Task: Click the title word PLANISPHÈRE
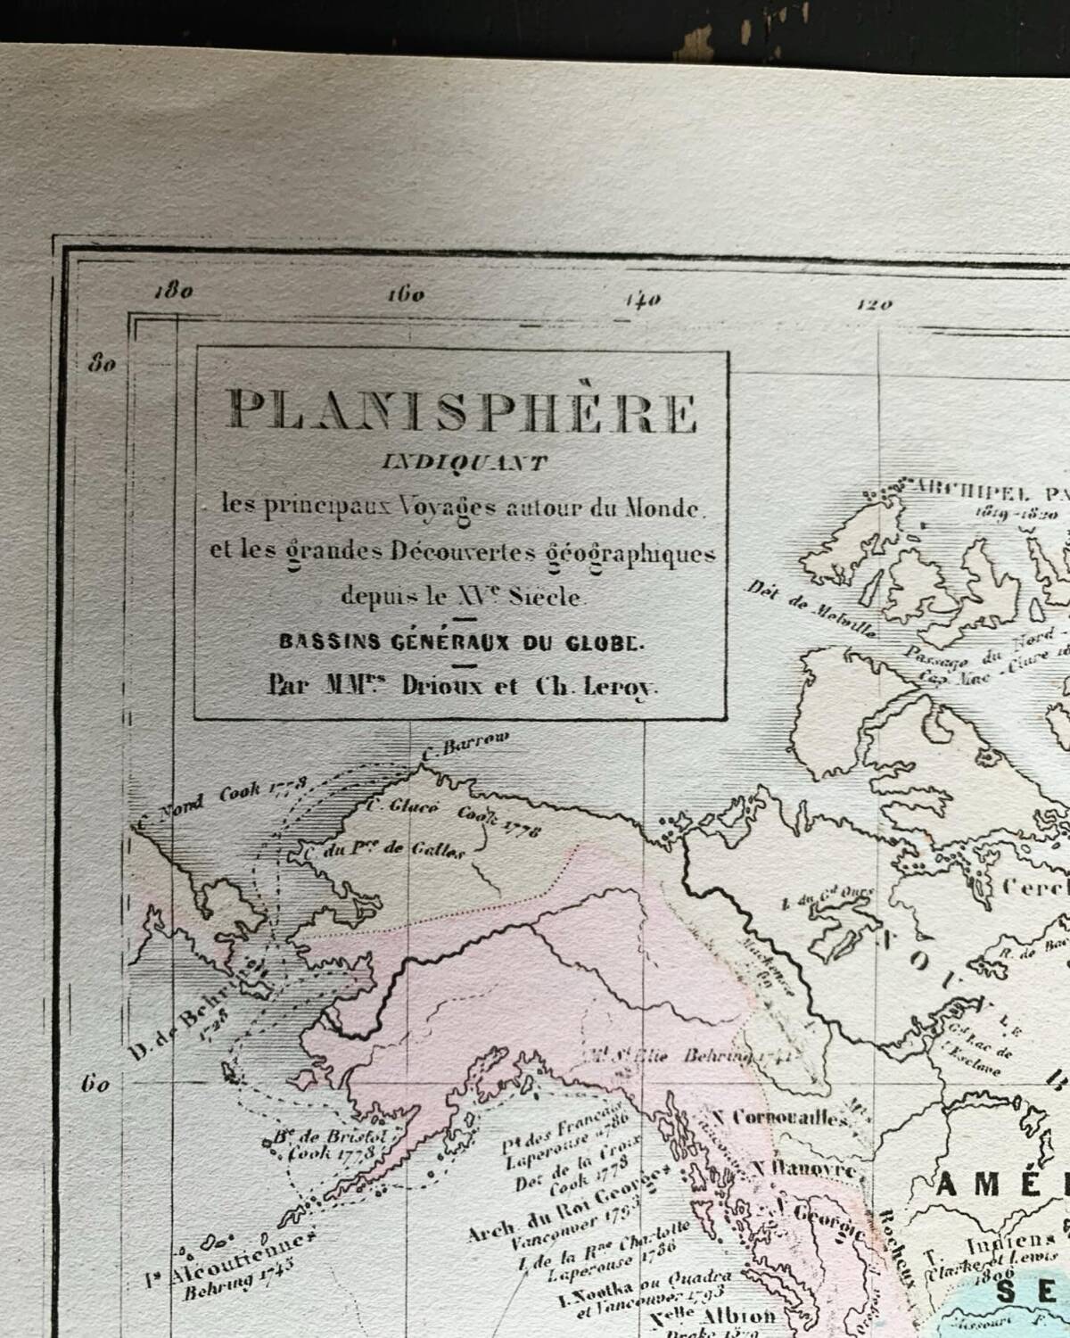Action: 462,411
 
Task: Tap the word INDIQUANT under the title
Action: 464,463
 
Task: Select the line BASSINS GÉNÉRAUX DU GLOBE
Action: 460,642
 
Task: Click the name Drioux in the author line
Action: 443,686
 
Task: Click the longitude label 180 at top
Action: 173,292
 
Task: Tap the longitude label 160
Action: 406,294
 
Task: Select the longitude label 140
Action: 642,300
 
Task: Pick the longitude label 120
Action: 874,304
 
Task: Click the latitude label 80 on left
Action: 102,363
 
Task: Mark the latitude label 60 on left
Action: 95,1085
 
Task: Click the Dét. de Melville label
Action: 810,609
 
